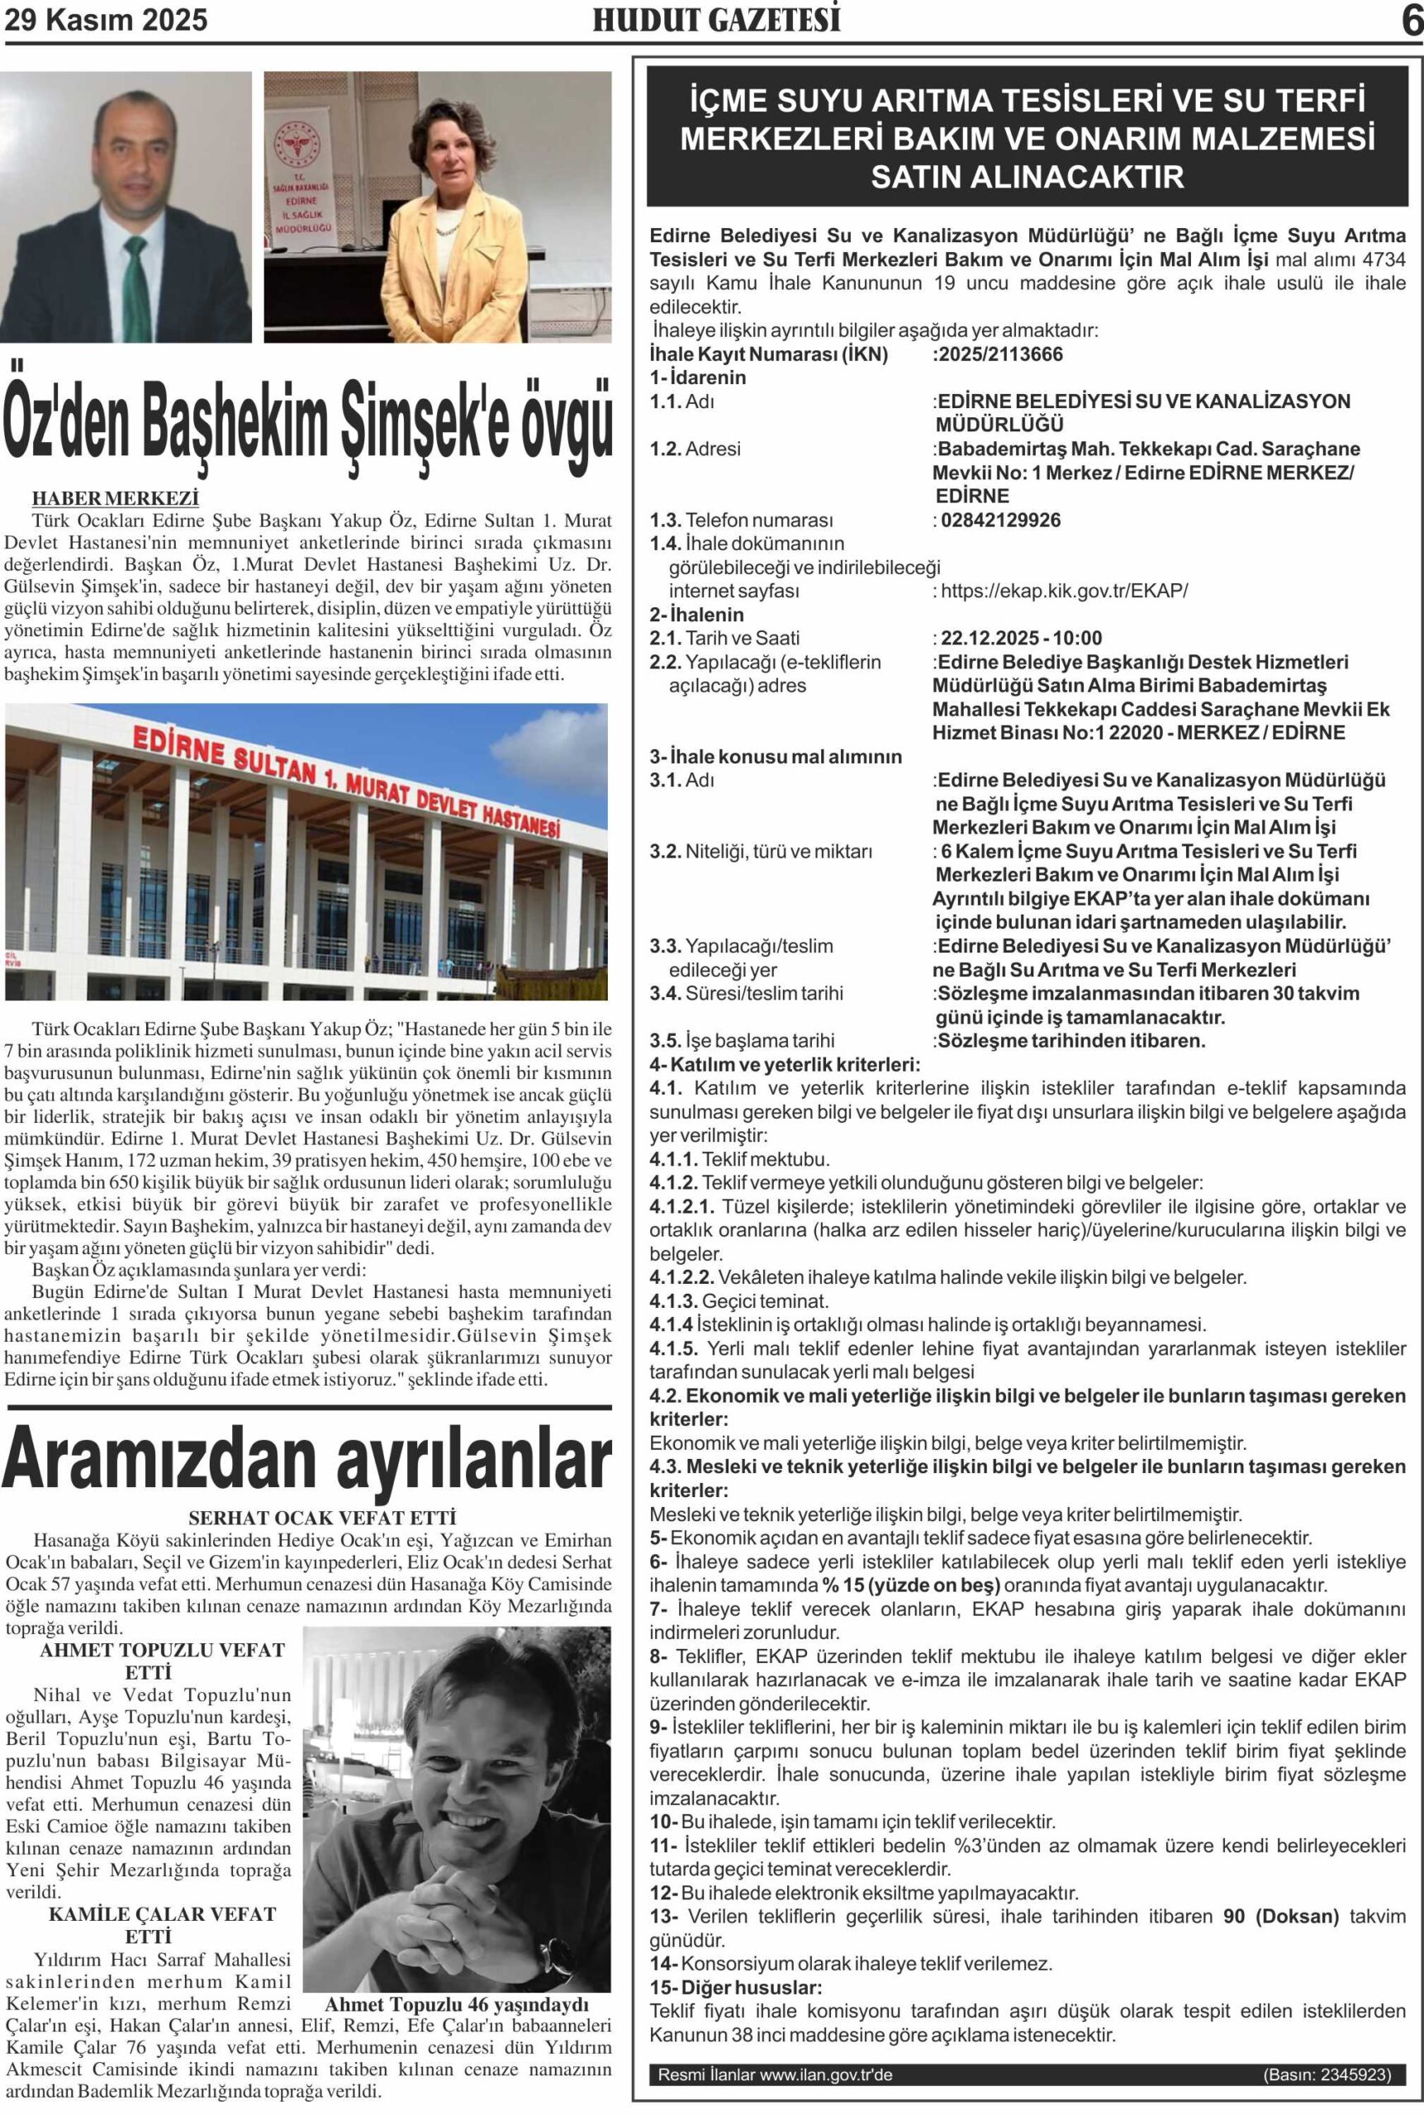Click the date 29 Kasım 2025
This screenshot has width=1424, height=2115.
point(107,20)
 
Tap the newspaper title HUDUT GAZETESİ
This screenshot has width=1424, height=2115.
point(716,20)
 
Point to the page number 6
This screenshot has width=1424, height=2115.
point(1411,21)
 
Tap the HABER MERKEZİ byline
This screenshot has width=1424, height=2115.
point(116,497)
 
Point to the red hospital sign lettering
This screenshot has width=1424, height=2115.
point(345,781)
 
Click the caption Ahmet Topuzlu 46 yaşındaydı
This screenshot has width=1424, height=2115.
point(457,2004)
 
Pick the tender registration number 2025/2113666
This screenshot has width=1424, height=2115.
point(999,354)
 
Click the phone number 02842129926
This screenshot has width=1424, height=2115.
point(1000,520)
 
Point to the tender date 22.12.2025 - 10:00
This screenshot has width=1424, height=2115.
point(1021,639)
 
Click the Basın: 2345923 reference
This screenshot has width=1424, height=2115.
point(1326,2075)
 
